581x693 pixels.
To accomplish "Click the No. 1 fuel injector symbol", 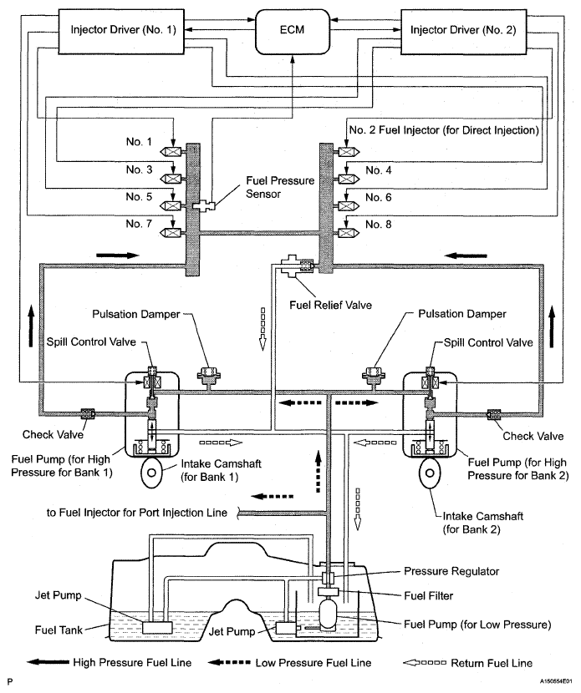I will tap(178, 151).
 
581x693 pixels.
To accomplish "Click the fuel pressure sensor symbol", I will tap(203, 205).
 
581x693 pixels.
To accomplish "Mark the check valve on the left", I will tap(87, 412).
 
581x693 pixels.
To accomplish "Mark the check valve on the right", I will tap(493, 412).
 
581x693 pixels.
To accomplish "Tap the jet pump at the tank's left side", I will tap(156, 625).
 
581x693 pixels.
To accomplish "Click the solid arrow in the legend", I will tap(46, 662).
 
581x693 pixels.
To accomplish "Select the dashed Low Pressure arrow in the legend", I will tap(231, 662).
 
